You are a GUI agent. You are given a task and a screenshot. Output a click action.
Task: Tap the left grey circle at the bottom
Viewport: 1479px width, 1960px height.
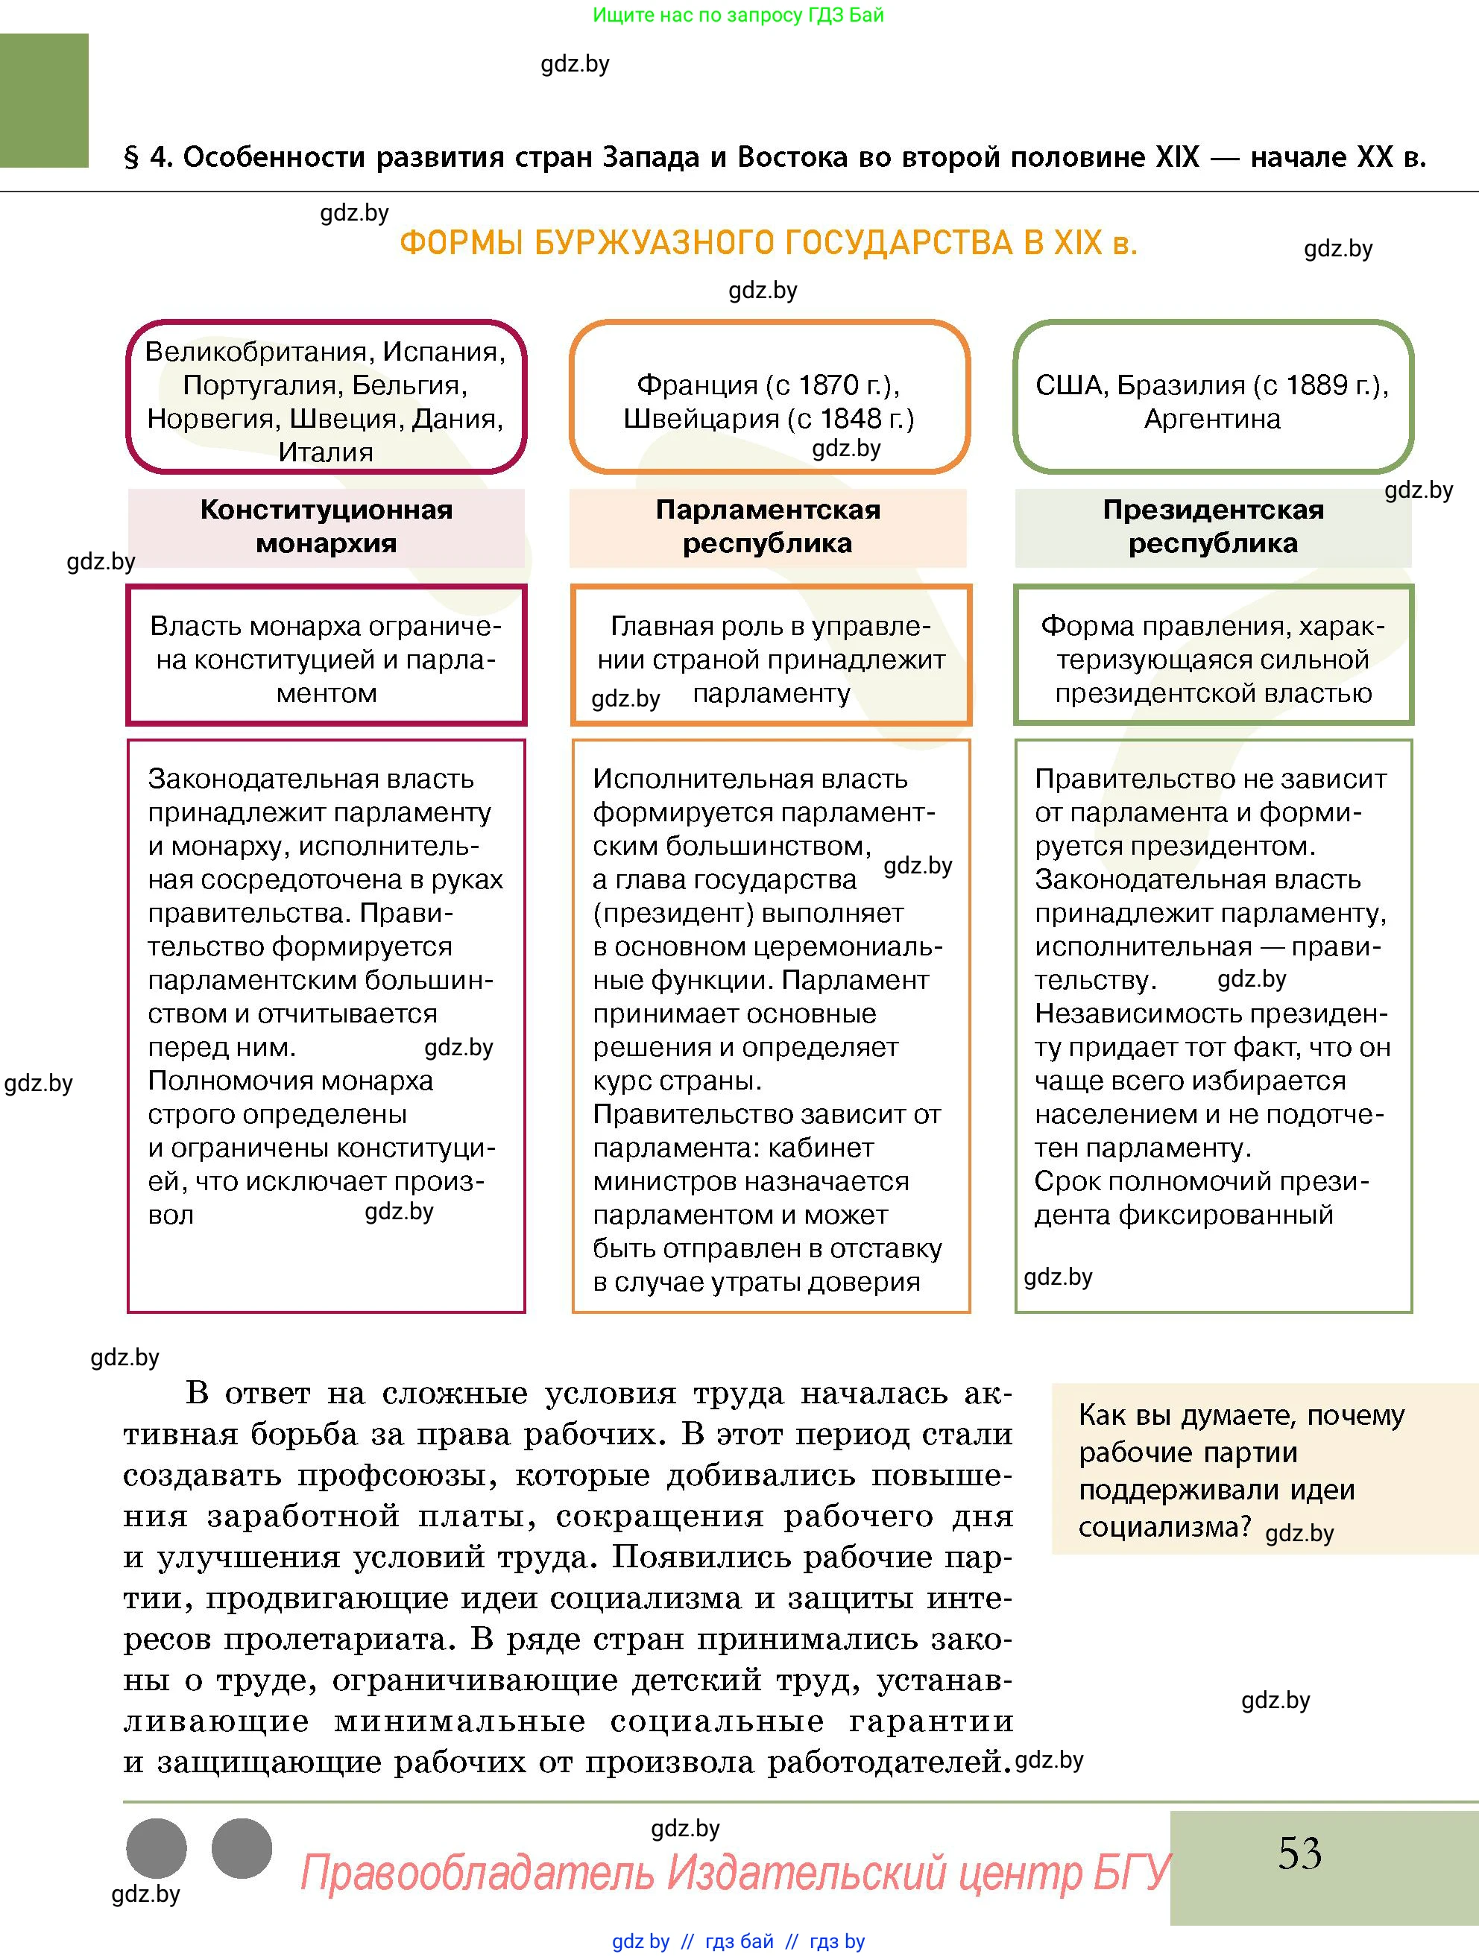(157, 1848)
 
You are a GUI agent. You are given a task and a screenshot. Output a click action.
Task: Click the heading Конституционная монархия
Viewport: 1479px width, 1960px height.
(326, 526)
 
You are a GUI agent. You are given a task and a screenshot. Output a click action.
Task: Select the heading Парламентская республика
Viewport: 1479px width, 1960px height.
(767, 526)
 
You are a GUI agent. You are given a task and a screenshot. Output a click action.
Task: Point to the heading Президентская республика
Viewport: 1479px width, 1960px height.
(1212, 526)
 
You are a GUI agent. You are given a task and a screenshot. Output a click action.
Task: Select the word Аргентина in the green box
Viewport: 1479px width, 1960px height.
(1211, 418)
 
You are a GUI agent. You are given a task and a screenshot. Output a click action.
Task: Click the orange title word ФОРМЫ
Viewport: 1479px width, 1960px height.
(461, 243)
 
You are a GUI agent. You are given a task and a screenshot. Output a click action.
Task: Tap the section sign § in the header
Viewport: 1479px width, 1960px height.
(131, 158)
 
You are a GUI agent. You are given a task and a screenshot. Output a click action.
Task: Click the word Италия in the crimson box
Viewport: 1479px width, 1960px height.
(325, 452)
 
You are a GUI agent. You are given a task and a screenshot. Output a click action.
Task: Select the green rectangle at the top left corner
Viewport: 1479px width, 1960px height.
(43, 100)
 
